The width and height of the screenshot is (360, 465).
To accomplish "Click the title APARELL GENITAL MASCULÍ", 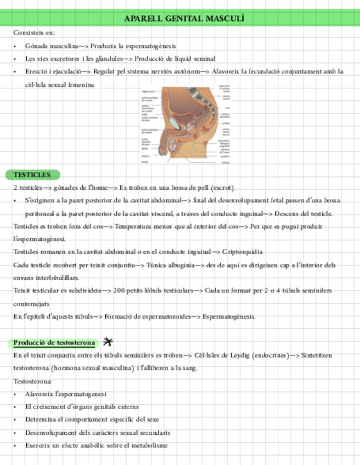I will point(184,19).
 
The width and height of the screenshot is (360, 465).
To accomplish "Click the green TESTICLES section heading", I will point(32,175).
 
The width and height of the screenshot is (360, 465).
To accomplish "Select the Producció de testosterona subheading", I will point(54,343).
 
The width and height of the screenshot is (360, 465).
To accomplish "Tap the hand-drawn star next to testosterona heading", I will point(108,342).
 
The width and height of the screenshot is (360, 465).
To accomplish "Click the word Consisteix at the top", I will point(27,33).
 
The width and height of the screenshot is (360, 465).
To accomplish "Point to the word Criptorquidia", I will point(242,252).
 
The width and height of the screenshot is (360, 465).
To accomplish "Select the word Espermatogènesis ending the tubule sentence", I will point(229,316).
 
